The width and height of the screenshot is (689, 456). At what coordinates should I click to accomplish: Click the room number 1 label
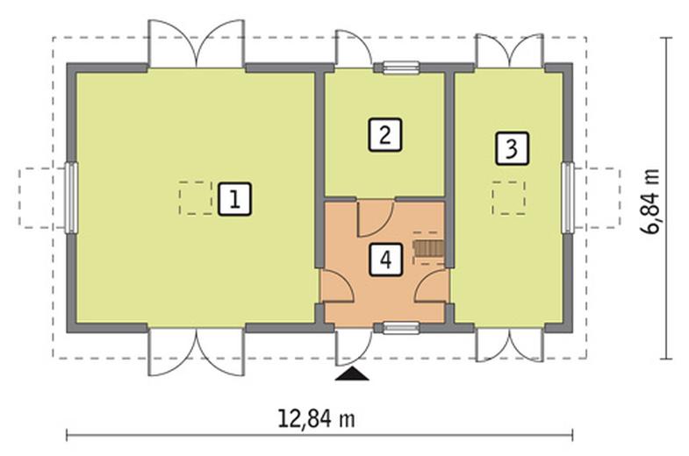coord(235,199)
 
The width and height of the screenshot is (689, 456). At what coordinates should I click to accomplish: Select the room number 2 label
coord(385,135)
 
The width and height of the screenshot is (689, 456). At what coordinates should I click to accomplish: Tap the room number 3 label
coord(512,148)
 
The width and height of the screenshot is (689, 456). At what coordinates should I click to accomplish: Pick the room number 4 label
coord(386,260)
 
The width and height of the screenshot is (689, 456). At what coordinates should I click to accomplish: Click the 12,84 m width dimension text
coord(316,418)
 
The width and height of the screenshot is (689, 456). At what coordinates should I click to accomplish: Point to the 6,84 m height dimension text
coord(650,202)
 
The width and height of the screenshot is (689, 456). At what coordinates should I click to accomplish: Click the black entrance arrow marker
coord(352,374)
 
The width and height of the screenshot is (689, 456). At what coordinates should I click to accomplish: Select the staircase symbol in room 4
coord(428,249)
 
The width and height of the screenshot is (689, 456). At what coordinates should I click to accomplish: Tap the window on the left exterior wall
coord(71,197)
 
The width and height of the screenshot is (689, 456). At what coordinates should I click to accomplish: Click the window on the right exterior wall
coord(568,197)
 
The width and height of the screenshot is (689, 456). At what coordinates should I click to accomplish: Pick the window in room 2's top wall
coord(401,68)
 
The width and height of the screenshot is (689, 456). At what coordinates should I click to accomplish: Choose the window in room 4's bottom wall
coord(401,328)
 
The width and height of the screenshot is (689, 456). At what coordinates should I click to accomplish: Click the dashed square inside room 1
coord(196,198)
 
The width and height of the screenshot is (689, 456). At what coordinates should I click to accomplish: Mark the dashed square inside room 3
coord(509,198)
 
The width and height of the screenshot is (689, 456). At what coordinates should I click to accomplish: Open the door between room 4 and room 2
coord(376,218)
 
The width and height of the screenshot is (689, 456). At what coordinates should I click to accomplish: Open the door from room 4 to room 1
coord(336,285)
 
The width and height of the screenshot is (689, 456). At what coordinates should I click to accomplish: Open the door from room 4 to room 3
coord(432,285)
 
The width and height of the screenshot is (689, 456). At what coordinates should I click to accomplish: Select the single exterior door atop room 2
coord(354,48)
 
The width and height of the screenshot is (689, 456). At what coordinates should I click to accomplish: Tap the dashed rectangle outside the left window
coord(43,198)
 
